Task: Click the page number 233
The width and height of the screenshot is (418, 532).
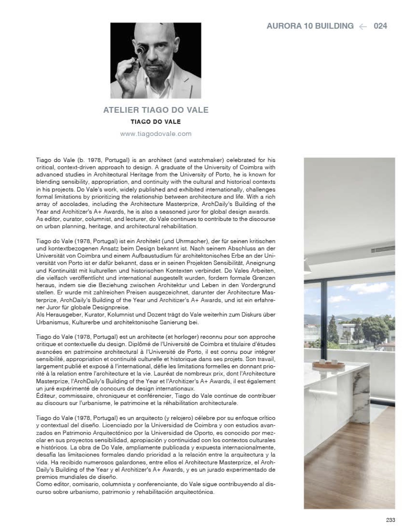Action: coord(390,520)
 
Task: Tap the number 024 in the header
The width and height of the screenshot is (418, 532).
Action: coord(380,26)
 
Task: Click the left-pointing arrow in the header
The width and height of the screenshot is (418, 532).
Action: coord(363,26)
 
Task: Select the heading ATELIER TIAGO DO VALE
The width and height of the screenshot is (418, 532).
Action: coord(156,110)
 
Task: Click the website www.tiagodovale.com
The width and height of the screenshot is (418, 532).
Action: coord(156,134)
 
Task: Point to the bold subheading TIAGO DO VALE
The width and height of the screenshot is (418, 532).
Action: coord(156,122)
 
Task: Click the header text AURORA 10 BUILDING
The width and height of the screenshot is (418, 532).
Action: coord(310,26)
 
